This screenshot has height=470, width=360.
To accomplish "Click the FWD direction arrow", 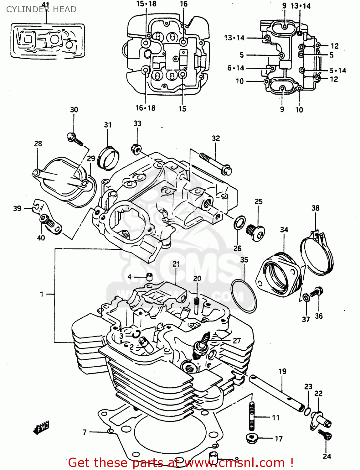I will tap(41, 427).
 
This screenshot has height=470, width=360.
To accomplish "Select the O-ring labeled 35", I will tap(244, 296).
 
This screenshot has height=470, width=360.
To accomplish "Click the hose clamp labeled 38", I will tap(317, 254).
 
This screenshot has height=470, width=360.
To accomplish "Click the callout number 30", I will tap(74, 110).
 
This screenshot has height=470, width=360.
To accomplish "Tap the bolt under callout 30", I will tap(75, 139).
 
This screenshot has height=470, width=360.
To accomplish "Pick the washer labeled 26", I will tap(239, 222).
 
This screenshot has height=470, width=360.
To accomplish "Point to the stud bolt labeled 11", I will tap(252, 417).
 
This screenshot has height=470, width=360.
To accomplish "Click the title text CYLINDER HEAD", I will tap(41, 9).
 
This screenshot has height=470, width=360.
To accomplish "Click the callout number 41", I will tap(46, 5).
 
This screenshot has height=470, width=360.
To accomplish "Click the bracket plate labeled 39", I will tap(47, 216).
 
